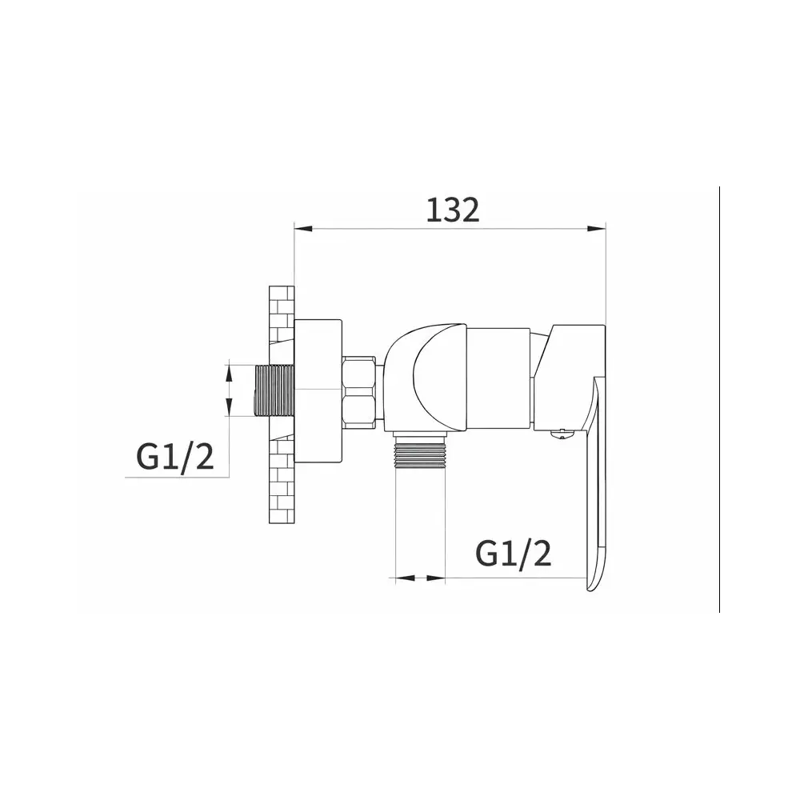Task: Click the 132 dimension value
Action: pos(453,210)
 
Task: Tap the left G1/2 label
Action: pos(175,457)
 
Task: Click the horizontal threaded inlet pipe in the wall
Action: pos(274,390)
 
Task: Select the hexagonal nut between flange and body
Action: pos(360,391)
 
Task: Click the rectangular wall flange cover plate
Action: pos(318,391)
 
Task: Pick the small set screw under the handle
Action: pos(562,434)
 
